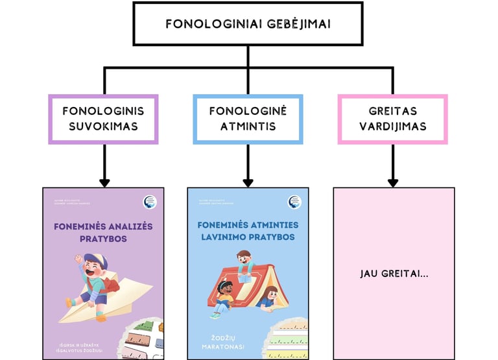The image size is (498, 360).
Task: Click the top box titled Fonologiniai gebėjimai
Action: tap(248, 24)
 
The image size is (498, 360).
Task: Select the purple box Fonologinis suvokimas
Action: tap(104, 119)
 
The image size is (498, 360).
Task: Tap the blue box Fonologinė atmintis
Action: tap(248, 119)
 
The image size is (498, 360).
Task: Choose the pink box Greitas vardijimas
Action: tap(392, 119)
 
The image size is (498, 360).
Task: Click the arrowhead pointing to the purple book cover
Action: tap(104, 183)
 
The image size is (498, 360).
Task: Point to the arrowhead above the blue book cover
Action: tap(248, 183)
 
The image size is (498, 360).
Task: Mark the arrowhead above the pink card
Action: tap(392, 183)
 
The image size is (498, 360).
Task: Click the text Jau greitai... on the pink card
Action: tap(394, 274)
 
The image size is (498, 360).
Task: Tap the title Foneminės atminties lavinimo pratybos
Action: tap(248, 231)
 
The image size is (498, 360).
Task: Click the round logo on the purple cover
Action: tap(150, 202)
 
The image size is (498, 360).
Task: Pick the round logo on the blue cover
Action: tap(295, 202)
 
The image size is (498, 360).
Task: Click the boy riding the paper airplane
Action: tap(93, 279)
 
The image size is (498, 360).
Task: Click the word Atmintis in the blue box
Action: tap(248, 126)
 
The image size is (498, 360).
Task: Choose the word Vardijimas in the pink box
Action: tap(392, 126)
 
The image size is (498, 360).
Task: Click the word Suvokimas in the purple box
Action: tap(104, 126)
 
